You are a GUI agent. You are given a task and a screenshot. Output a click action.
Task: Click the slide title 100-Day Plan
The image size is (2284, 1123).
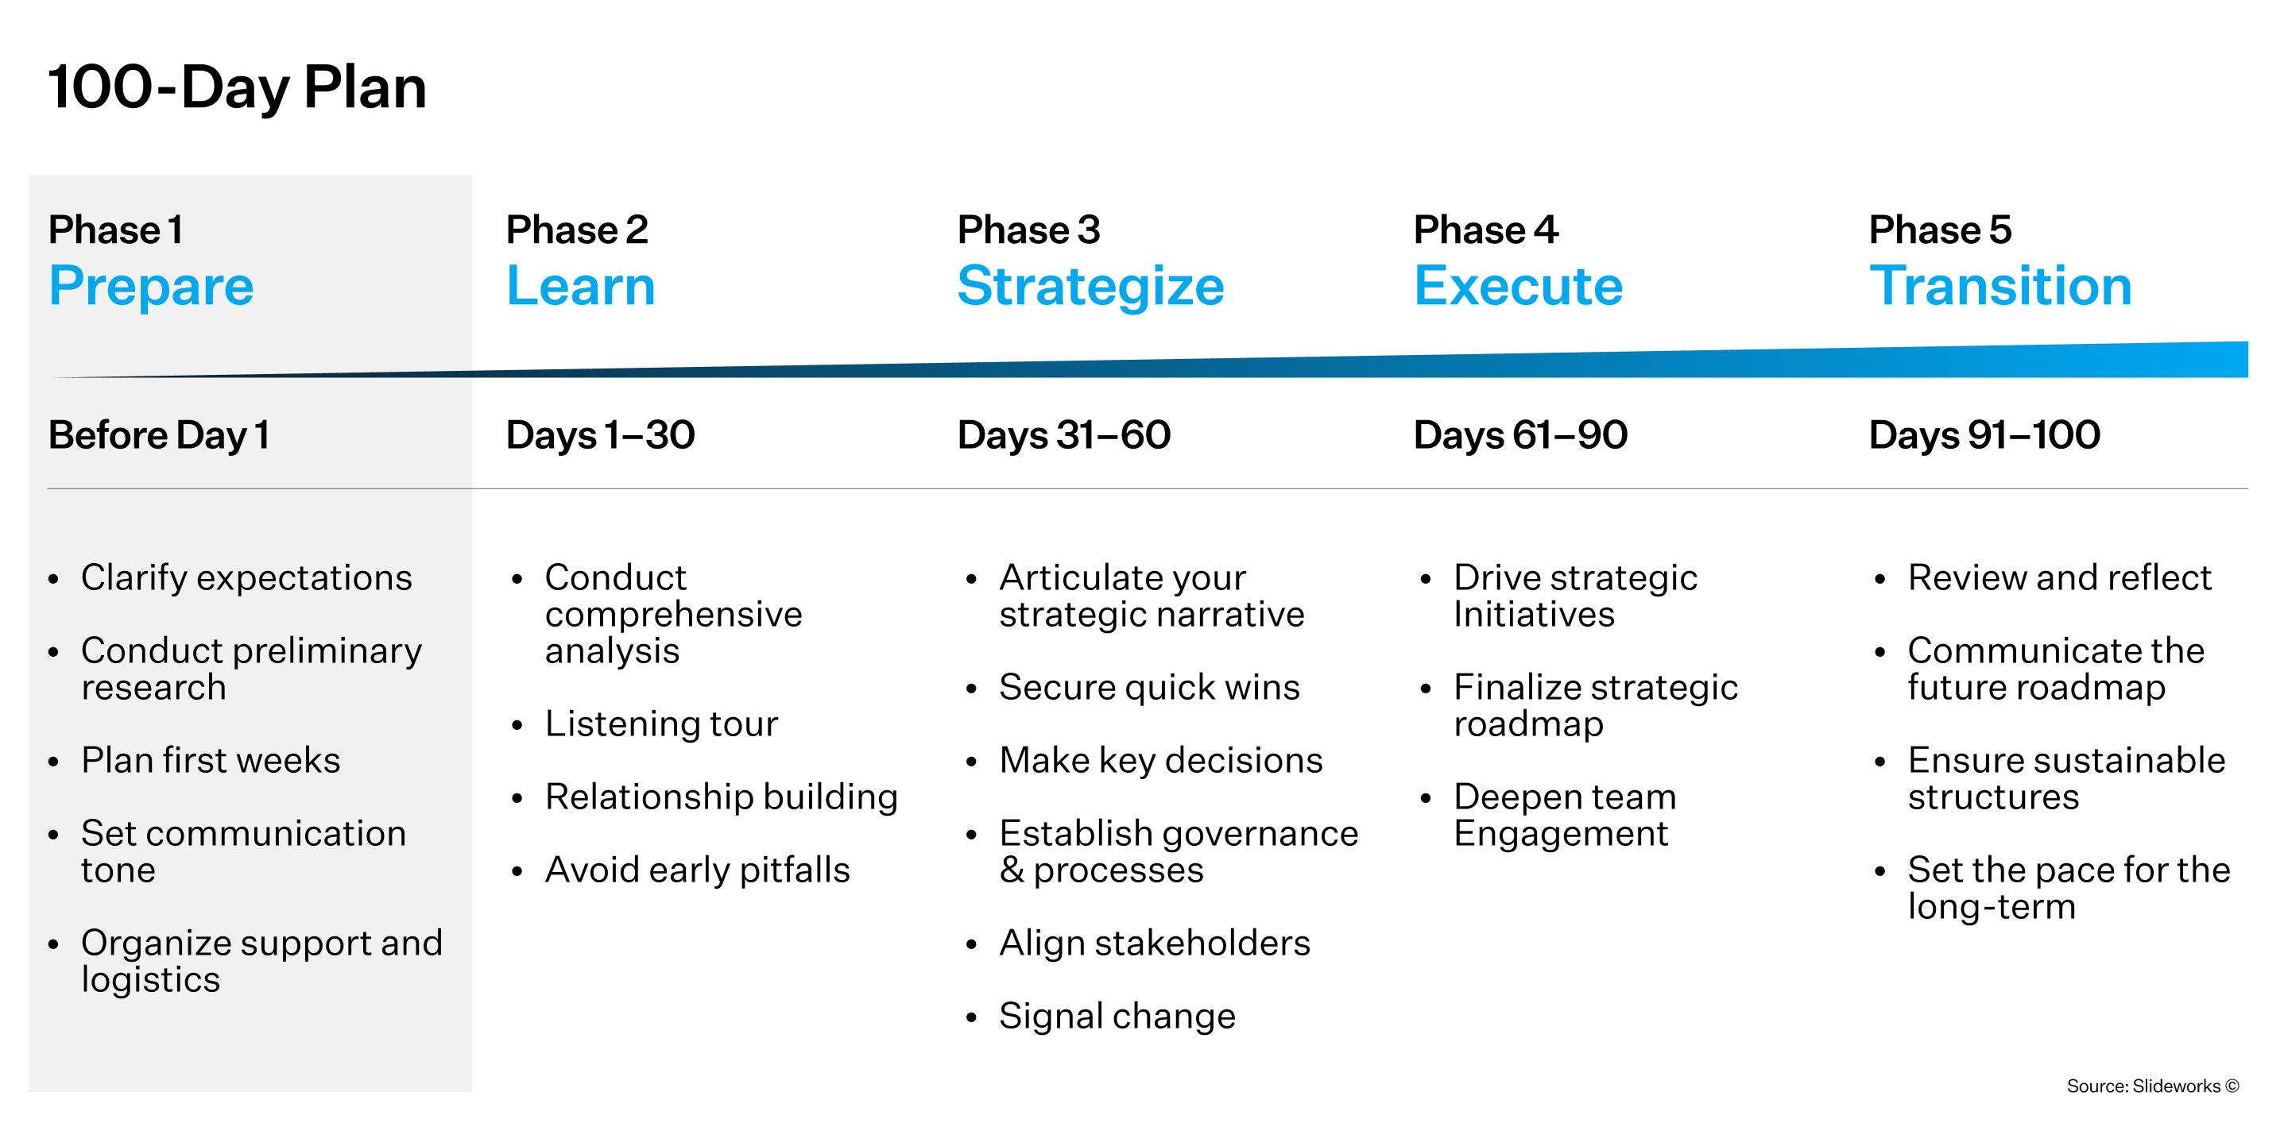point(237,87)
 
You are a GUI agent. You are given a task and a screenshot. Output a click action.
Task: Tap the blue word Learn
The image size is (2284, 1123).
point(581,286)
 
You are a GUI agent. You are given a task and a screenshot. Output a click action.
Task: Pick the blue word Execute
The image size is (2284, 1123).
point(1518,286)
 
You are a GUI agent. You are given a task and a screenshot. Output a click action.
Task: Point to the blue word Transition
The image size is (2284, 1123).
point(2000,286)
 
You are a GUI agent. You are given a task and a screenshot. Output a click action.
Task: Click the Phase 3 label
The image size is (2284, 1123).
point(1028,230)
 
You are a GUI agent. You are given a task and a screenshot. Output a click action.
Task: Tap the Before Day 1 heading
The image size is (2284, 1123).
point(159,435)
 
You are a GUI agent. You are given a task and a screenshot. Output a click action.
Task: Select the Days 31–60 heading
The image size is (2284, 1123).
point(1064,435)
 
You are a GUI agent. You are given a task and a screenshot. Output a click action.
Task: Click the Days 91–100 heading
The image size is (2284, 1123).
point(1984,435)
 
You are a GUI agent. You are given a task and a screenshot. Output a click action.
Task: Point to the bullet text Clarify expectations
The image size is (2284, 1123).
point(246,578)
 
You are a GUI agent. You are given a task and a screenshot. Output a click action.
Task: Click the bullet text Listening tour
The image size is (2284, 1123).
point(661,724)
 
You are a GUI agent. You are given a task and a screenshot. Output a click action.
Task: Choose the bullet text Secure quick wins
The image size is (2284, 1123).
point(1149,688)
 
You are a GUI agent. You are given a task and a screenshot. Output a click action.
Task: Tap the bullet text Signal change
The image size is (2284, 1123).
point(1117,1017)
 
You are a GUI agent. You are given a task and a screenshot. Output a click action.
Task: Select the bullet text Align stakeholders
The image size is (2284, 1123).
point(1155,943)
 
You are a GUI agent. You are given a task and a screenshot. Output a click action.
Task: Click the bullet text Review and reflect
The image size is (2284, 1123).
point(2060,578)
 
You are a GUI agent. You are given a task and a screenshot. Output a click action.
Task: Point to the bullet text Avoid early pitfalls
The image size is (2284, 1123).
point(698,870)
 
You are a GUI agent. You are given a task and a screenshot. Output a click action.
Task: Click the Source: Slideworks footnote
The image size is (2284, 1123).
point(2153,1086)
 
